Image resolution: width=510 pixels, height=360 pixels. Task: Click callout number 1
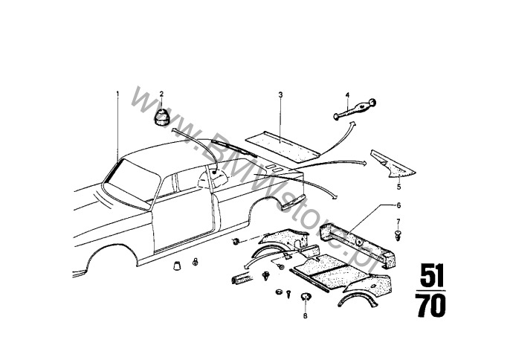coord(117,94)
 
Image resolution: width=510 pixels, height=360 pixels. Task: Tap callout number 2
coord(161,94)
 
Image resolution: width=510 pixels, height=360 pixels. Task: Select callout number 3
coord(280,94)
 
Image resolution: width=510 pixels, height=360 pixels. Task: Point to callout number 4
coord(347,95)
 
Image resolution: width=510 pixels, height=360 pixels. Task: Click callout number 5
coord(398,187)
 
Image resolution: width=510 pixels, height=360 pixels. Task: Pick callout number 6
coord(398,205)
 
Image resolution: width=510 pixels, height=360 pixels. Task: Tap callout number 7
coord(398,222)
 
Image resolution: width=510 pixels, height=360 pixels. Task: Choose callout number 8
coord(305,315)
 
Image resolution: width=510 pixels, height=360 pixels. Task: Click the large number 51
coord(432,275)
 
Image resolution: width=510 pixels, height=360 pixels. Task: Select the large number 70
coord(431,306)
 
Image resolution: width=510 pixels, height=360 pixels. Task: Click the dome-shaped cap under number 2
coord(161,117)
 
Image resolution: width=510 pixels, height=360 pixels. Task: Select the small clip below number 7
coord(398,235)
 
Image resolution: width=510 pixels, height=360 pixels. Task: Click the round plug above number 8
coord(306,296)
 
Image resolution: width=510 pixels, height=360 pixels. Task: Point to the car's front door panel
coord(184,225)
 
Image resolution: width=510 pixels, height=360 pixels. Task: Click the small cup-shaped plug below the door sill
coord(177,266)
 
